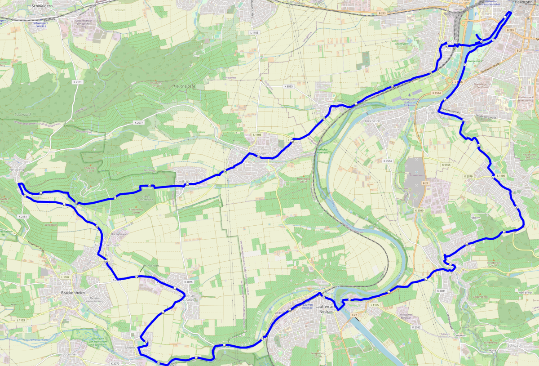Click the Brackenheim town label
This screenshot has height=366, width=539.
point(70,293)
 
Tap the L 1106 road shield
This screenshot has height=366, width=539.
point(257,135)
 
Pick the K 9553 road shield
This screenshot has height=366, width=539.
point(288,86)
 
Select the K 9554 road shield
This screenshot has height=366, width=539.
point(387,161)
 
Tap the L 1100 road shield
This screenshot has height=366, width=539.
point(500,175)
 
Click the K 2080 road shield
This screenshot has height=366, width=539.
point(420,210)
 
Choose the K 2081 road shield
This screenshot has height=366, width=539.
point(441,291)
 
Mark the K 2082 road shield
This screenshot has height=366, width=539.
point(416,327)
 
